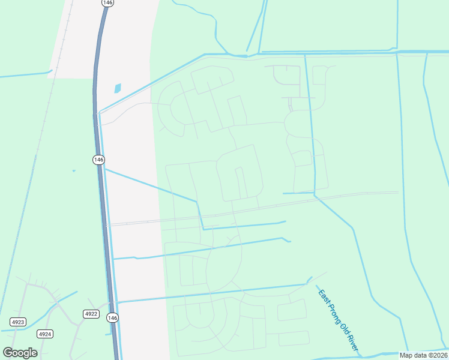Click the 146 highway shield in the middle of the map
point(98,160)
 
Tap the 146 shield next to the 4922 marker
point(112,317)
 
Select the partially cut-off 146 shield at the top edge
point(106,2)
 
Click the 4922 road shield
point(91,314)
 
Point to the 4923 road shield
point(18,322)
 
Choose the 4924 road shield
point(44,334)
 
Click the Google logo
point(20,353)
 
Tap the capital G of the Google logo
point(8,353)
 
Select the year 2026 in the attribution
point(441,355)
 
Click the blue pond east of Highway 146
point(117,88)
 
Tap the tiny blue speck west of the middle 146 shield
point(74,170)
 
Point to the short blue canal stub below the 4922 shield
point(108,334)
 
